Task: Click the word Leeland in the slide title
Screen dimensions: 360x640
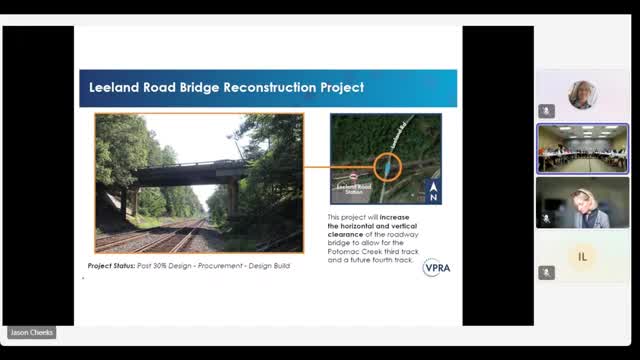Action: pyautogui.click(x=113, y=88)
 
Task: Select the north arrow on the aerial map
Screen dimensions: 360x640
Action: pyautogui.click(x=432, y=191)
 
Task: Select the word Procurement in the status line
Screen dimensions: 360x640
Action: pyautogui.click(x=229, y=267)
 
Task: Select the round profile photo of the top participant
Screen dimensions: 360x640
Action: pyautogui.click(x=582, y=95)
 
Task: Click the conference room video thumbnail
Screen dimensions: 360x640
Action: pyautogui.click(x=582, y=148)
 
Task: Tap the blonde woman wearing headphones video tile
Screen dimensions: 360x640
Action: pyautogui.click(x=582, y=203)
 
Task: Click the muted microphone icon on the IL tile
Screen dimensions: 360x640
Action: pyautogui.click(x=546, y=272)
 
